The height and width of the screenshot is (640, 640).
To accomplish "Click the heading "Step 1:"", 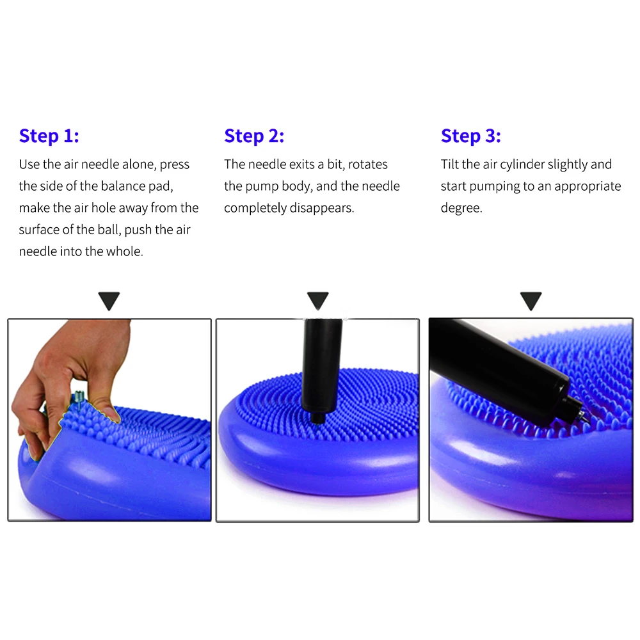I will tap(49, 136).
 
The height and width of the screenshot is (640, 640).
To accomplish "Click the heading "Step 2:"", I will tap(254, 136).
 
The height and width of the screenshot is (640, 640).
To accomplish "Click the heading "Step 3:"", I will tap(471, 136).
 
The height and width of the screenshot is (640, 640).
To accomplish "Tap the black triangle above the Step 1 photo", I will tap(109, 300).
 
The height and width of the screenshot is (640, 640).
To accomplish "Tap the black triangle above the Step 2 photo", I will tap(317, 300).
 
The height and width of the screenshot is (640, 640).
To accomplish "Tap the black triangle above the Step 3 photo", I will tap(531, 300).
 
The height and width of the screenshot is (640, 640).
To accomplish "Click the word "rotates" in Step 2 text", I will tap(368, 164).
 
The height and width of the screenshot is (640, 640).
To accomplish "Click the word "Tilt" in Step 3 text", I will tap(450, 164).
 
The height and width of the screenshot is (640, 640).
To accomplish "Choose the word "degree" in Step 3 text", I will tap(460, 208).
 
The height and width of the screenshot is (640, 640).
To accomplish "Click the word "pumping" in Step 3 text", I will tap(494, 186).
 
